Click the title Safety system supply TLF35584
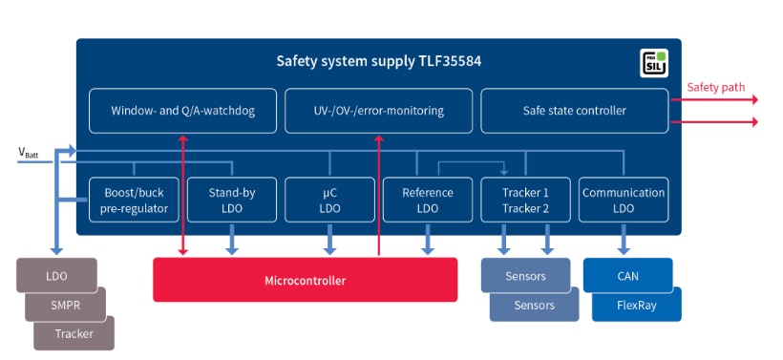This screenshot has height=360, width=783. tap(378, 62)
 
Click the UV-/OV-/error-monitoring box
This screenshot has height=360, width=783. tap(378, 111)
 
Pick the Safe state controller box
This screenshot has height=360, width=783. tap(574, 111)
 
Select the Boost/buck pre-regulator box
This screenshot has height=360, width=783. tap(134, 200)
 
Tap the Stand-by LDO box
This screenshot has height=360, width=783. tap(232, 200)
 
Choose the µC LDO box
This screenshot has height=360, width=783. tap(329, 200)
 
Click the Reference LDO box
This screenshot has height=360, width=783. tap(427, 200)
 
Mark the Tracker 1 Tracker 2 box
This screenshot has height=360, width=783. tap(524, 200)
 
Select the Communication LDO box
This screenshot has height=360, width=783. tap(623, 200)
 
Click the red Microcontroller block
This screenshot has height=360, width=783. tap(305, 280)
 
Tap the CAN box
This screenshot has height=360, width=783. tap(627, 275)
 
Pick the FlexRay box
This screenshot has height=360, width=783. tap(636, 307)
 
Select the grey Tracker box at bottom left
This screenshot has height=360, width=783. tap(74, 333)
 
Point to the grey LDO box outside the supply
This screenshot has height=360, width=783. tap(55, 275)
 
